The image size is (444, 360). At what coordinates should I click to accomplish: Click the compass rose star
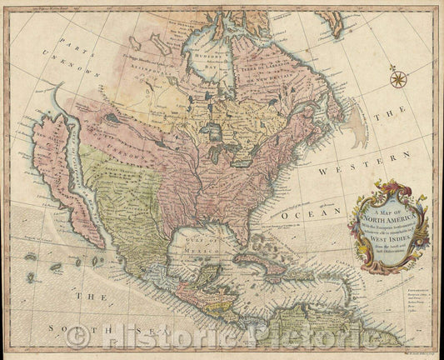(398, 79)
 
